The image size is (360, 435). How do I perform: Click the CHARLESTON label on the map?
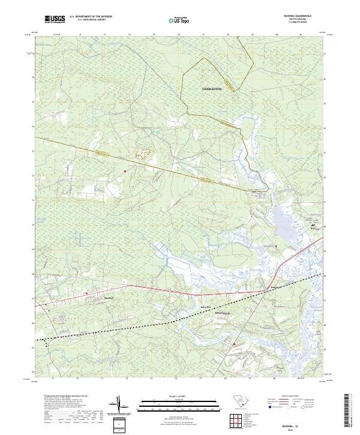pos(212,89)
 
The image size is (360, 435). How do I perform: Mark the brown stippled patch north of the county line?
pos(142,153)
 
